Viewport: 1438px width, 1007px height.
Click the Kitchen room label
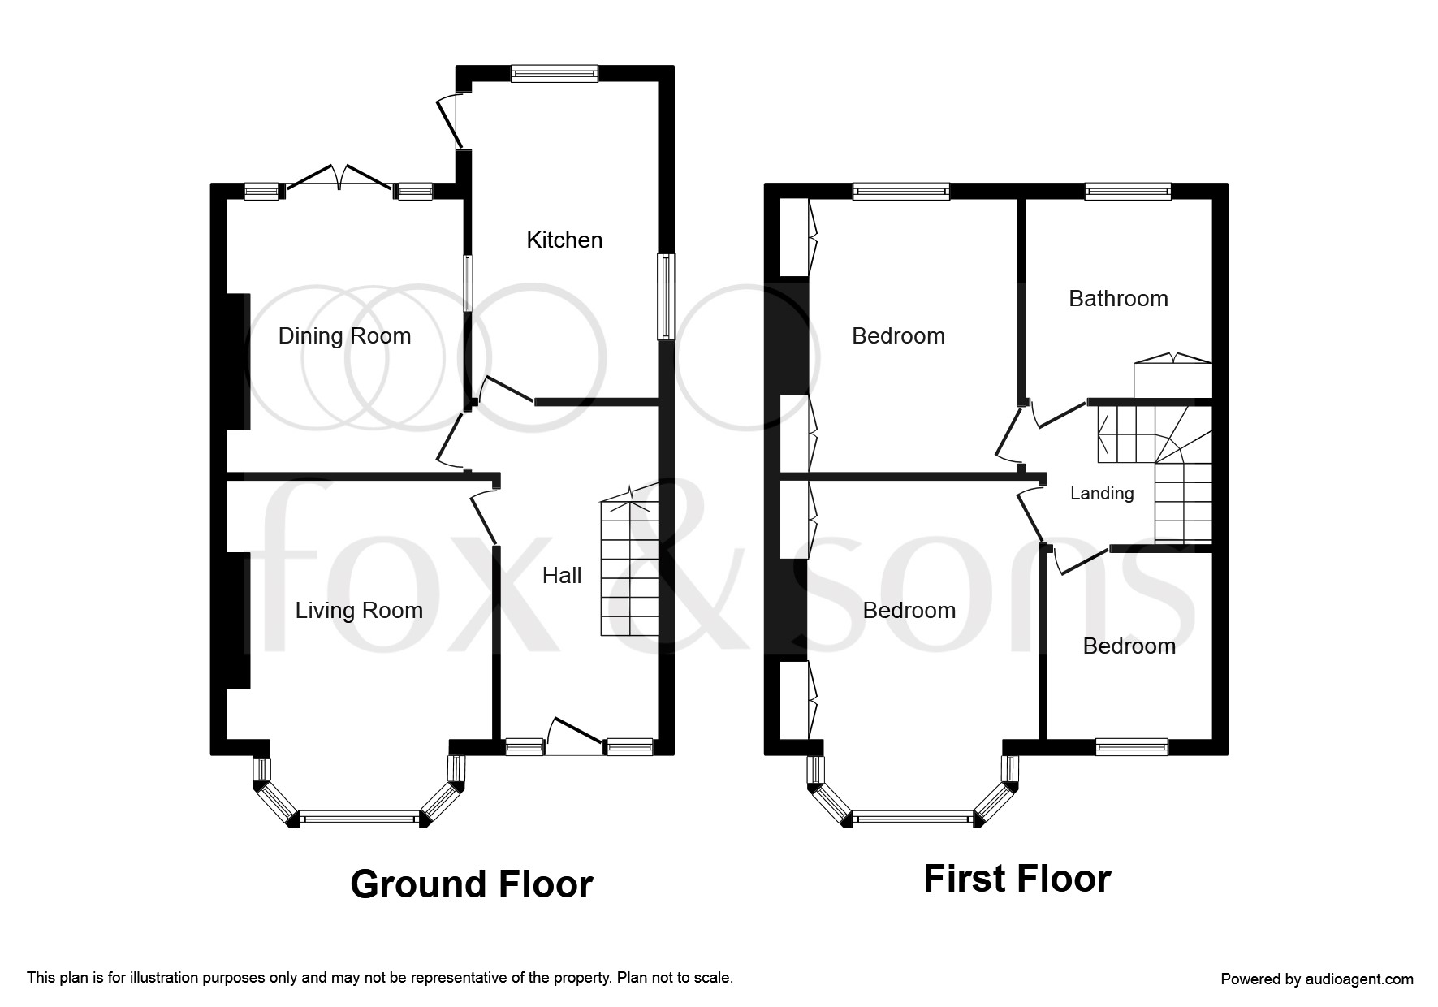(564, 240)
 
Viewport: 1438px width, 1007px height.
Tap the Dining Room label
(344, 336)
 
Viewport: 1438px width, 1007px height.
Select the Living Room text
(359, 611)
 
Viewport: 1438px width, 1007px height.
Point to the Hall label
(562, 576)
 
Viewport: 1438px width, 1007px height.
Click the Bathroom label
(1118, 299)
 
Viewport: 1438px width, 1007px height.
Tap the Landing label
(1102, 493)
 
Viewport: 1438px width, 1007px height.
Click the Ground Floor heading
(471, 884)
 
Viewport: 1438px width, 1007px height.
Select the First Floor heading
(1017, 879)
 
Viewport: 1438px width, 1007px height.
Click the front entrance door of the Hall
(575, 735)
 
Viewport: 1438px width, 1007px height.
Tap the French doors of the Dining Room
(339, 180)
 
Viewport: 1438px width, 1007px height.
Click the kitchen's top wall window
(555, 74)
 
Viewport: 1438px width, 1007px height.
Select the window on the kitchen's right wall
(666, 296)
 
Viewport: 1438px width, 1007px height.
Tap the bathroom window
(1128, 192)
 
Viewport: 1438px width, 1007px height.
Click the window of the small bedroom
(1131, 746)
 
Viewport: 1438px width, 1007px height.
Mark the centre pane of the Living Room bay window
(360, 819)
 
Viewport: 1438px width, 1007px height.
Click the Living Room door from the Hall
(484, 516)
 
